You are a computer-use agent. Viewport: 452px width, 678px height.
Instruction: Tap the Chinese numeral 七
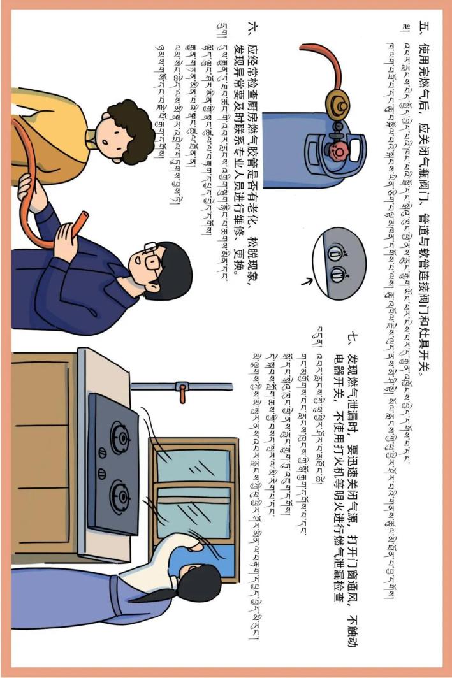tap(353, 337)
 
